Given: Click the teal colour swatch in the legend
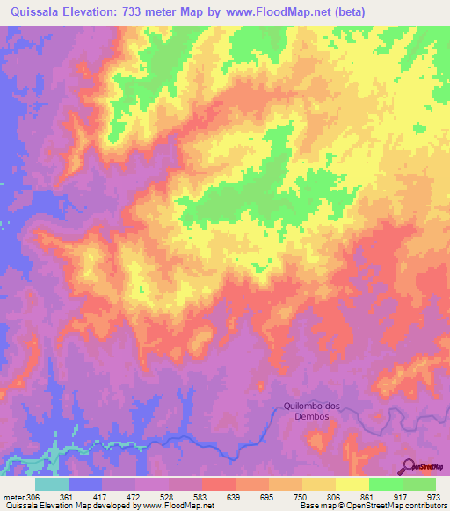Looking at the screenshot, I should tap(52, 484).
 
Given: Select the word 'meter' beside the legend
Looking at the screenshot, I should tap(14, 496).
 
